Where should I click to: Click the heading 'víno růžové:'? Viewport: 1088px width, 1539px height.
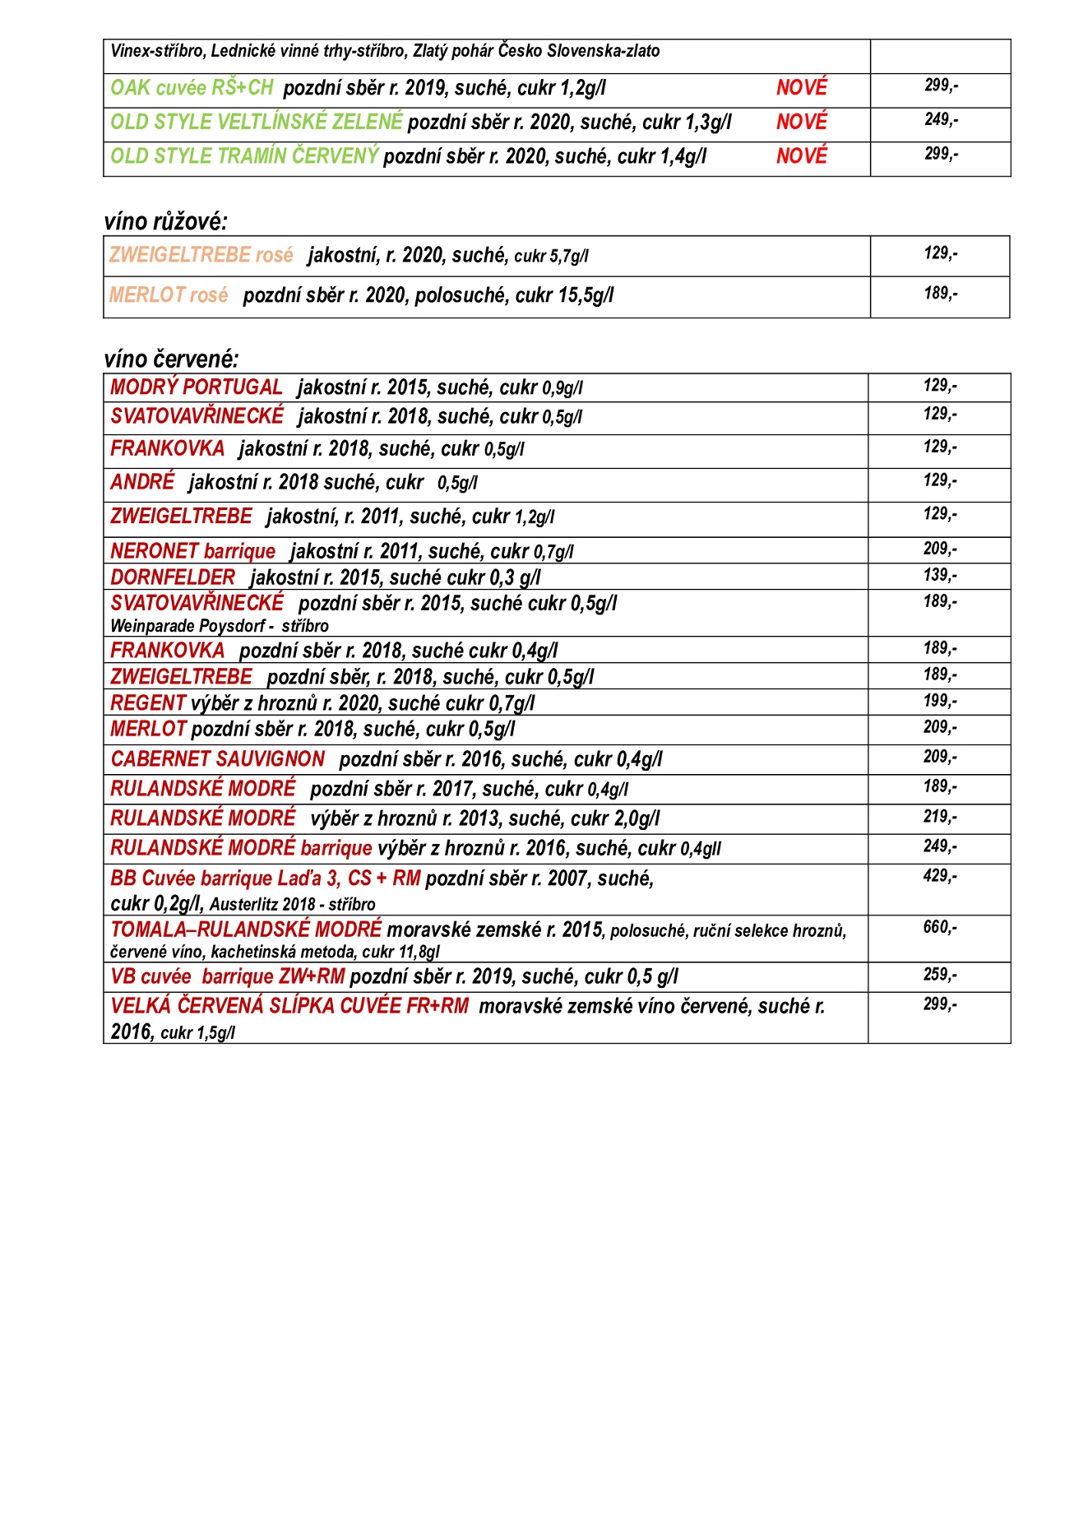click(165, 221)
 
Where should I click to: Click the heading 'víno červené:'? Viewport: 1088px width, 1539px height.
click(171, 359)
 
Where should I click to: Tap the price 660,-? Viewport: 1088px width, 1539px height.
click(939, 927)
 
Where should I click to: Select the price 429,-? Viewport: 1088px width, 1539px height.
click(939, 875)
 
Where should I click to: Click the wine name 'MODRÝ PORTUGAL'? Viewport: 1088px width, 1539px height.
click(197, 387)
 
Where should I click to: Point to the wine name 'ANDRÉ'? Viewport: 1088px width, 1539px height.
click(142, 482)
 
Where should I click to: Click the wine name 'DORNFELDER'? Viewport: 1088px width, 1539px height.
click(173, 577)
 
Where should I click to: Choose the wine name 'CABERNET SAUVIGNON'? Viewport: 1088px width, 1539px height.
click(218, 759)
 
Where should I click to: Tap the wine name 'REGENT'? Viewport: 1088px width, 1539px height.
click(148, 703)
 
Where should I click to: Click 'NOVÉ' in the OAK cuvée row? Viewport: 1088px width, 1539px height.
click(801, 88)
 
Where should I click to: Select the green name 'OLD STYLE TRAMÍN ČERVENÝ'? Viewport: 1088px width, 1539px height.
click(244, 156)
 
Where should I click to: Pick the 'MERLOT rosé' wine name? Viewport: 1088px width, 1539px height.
click(169, 295)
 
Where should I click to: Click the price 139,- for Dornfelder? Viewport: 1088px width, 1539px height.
click(939, 575)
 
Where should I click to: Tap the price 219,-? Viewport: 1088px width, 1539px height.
click(939, 816)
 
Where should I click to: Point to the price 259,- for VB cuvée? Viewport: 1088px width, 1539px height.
click(939, 974)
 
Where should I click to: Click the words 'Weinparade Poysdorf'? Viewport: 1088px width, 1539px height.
click(188, 626)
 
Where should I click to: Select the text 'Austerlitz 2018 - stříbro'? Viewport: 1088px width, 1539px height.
click(292, 905)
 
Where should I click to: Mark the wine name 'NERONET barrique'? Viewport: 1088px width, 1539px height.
click(193, 551)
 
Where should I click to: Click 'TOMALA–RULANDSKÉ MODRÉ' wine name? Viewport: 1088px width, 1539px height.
click(246, 929)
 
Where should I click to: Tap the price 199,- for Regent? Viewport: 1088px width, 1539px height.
click(939, 700)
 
